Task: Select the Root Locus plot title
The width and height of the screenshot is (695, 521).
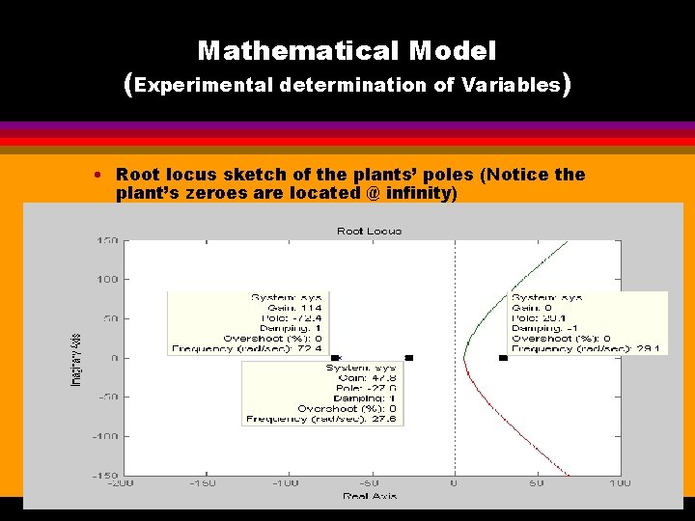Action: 369,231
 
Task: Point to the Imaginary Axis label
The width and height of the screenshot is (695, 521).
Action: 76,359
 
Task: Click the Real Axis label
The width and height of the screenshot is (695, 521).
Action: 370,496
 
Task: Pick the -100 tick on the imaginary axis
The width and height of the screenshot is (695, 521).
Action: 104,436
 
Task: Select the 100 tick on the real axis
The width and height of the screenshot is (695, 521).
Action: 619,482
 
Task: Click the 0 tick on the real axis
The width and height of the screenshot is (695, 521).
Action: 454,482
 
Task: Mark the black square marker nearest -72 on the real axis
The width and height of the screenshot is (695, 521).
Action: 335,358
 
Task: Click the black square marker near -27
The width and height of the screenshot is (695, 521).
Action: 409,358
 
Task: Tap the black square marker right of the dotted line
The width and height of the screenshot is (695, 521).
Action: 503,358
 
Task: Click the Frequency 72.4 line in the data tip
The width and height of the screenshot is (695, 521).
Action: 261,348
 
